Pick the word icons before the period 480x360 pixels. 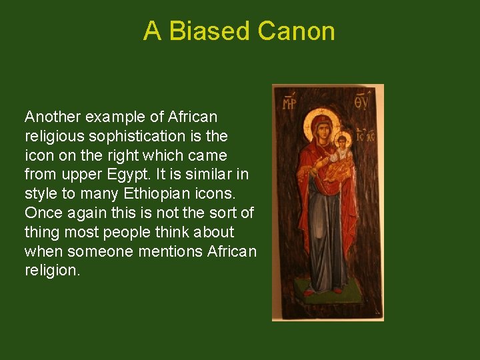[227, 195]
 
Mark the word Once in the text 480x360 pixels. [41, 213]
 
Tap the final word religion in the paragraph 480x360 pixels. [52, 271]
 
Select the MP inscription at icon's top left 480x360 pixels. [289, 103]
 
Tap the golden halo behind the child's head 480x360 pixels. [344, 135]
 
